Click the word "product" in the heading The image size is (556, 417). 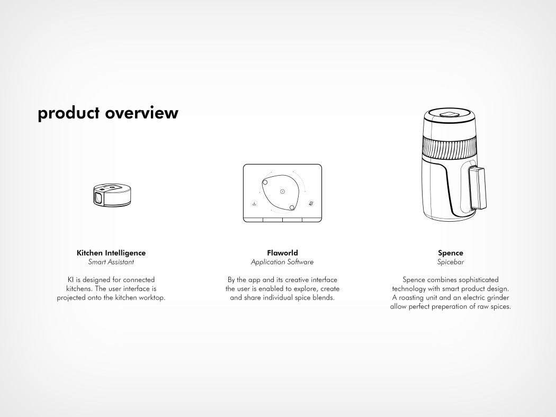(x=68, y=113)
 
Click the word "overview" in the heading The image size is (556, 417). (x=141, y=113)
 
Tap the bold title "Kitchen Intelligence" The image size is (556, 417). (x=111, y=253)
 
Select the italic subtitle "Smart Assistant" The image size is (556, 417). (x=111, y=262)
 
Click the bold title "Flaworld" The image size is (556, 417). (x=282, y=253)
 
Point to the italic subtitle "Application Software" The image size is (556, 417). (x=282, y=262)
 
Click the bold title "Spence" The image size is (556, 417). (x=450, y=253)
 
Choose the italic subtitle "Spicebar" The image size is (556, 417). (x=450, y=262)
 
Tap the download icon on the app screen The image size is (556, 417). (x=254, y=203)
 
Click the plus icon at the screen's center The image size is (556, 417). (x=283, y=192)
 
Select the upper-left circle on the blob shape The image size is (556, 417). (x=265, y=183)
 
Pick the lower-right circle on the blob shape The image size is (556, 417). (x=292, y=207)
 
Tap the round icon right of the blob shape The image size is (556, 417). (x=311, y=203)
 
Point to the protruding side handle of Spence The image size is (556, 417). (x=477, y=188)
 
